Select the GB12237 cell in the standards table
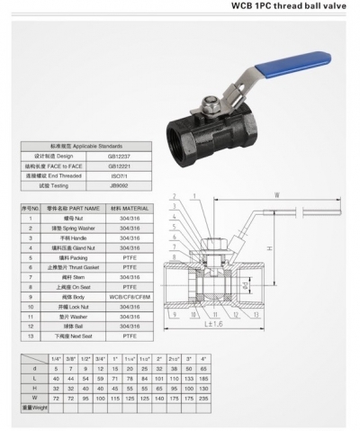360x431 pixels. [118, 155]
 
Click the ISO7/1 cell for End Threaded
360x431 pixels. [118, 175]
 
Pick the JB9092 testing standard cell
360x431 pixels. [118, 185]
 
